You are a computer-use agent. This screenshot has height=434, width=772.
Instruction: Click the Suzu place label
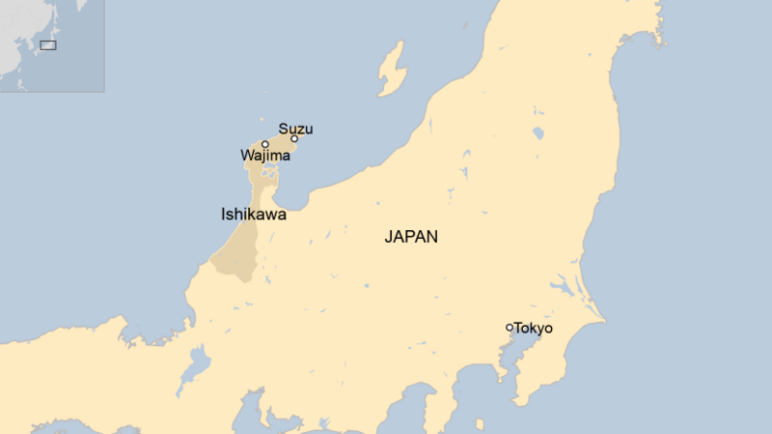(x=295, y=129)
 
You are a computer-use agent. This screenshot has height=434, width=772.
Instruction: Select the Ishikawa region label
(x=254, y=215)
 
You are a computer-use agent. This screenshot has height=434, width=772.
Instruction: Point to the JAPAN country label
(x=411, y=237)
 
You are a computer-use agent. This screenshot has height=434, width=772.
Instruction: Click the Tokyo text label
(x=534, y=329)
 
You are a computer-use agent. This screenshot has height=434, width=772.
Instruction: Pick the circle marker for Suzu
(x=294, y=138)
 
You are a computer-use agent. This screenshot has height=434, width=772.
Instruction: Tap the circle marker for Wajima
(x=265, y=144)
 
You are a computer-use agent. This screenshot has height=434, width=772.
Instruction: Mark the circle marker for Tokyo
(x=510, y=328)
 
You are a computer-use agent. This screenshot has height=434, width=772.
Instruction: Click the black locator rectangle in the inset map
(x=47, y=44)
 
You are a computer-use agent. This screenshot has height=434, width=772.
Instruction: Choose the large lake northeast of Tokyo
(x=561, y=286)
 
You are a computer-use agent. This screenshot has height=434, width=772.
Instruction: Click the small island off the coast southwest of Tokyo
(x=480, y=422)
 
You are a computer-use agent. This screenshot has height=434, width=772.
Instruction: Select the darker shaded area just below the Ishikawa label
(x=234, y=253)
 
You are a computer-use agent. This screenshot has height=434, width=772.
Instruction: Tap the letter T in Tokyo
(x=518, y=329)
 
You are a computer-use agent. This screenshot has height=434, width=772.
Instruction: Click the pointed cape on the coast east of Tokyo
(x=603, y=320)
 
